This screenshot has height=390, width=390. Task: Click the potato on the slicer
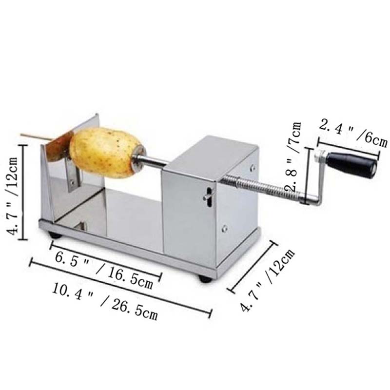(107, 152)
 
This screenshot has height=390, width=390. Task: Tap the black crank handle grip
(351, 164)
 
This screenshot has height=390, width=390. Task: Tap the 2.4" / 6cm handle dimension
(353, 133)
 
